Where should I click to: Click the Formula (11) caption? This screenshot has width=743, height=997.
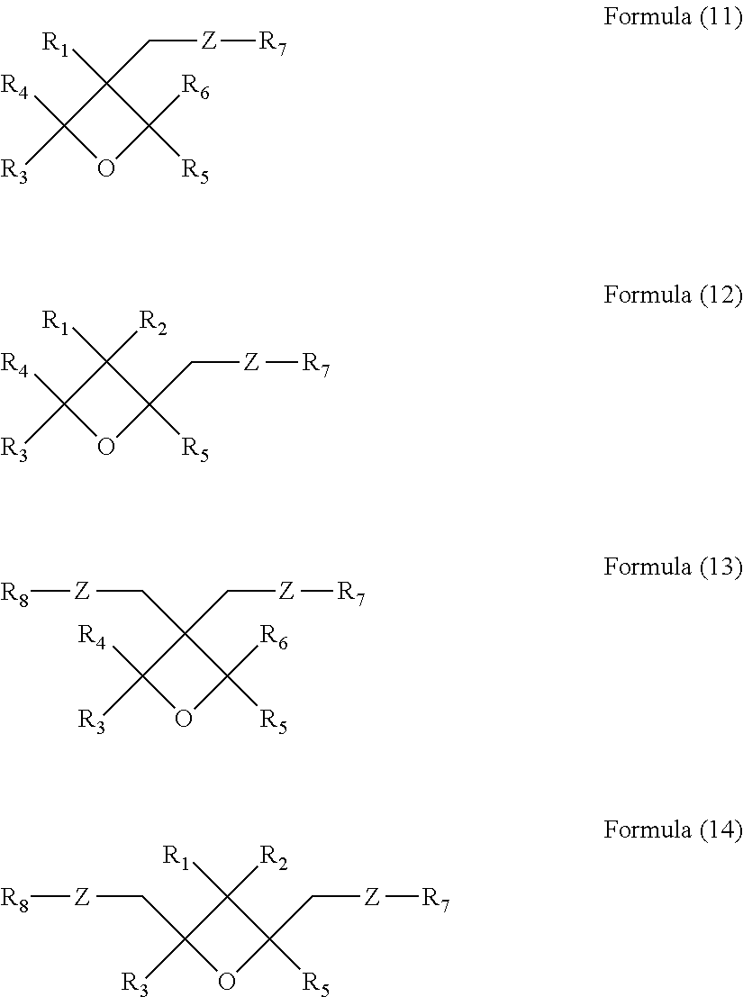(x=672, y=18)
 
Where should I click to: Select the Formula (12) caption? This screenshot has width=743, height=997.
(x=672, y=295)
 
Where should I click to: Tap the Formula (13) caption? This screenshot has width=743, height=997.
(x=672, y=567)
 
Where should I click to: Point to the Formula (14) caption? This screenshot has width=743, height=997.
(x=672, y=830)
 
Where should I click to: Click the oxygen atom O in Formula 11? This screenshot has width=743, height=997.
(x=106, y=169)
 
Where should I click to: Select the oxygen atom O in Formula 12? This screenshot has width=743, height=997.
(x=106, y=447)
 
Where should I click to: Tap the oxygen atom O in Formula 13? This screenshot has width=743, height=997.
(x=184, y=719)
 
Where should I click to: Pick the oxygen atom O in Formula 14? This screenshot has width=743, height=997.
(x=227, y=981)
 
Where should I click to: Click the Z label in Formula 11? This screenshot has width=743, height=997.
(x=208, y=42)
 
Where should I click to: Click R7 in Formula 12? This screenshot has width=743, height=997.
(x=315, y=365)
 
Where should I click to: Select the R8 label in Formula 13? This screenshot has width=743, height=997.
(x=15, y=593)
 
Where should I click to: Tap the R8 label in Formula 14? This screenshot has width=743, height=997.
(x=15, y=898)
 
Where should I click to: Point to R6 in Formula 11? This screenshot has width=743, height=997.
(x=195, y=87)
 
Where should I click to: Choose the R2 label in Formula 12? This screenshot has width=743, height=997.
(x=152, y=322)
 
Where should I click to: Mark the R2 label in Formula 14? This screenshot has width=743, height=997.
(x=274, y=857)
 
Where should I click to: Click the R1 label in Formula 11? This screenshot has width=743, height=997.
(x=56, y=44)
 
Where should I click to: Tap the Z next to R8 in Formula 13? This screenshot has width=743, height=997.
(x=82, y=592)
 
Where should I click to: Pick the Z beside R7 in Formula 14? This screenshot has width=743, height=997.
(x=371, y=897)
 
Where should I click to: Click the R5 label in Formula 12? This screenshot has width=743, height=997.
(x=195, y=448)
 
